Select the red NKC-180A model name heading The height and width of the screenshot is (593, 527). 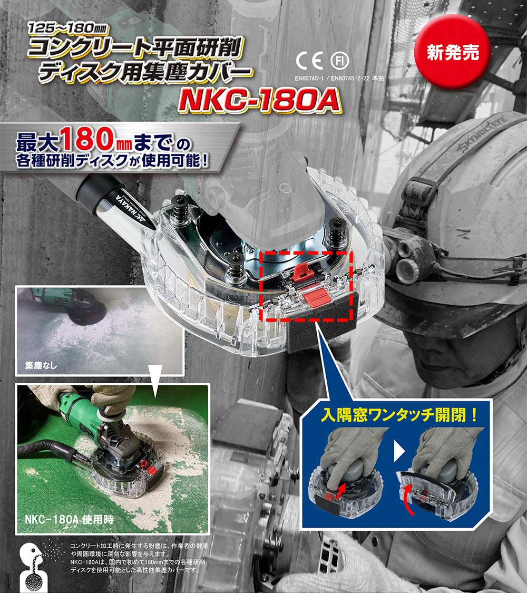click(x=260, y=101)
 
